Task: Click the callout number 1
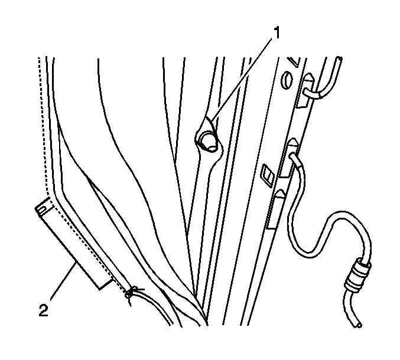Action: [276, 33]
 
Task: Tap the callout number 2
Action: [43, 310]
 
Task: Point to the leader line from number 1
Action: [241, 79]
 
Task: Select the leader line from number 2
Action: [63, 282]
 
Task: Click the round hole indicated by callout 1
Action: [209, 141]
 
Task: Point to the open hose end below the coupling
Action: [359, 325]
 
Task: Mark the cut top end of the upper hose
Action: [339, 59]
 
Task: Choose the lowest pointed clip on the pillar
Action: [280, 194]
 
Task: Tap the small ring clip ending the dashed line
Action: [129, 294]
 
